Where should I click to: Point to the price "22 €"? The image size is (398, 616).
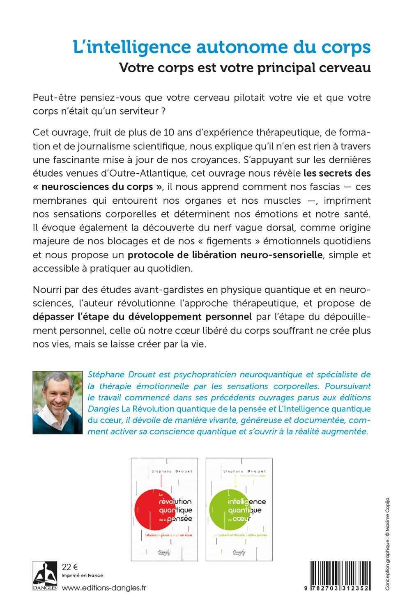(69, 567)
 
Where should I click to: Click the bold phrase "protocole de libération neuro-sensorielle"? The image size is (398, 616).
(225, 255)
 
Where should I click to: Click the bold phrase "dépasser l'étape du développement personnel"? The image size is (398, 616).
(142, 317)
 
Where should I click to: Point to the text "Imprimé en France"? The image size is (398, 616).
(82, 575)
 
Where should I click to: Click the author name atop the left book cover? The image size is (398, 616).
(164, 471)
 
